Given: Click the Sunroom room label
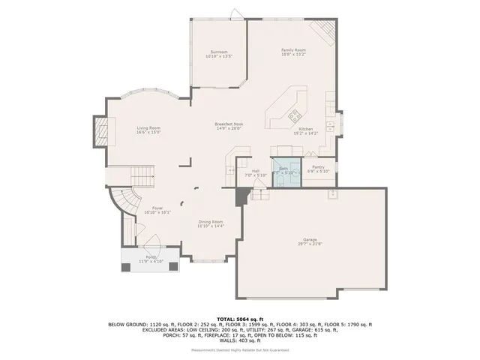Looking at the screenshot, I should [x=218, y=54].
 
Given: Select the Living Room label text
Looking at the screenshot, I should [x=148, y=130].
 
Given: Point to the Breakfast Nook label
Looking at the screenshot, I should [x=229, y=126].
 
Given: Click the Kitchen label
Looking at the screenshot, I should [x=308, y=131].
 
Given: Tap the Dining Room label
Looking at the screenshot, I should [x=210, y=223].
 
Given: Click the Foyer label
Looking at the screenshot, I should [x=157, y=210].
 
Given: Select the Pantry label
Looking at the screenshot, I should [x=319, y=169].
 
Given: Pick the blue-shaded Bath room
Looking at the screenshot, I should [x=283, y=171].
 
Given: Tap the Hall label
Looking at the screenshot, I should [x=256, y=172].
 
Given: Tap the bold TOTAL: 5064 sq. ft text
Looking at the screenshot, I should [x=239, y=319].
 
